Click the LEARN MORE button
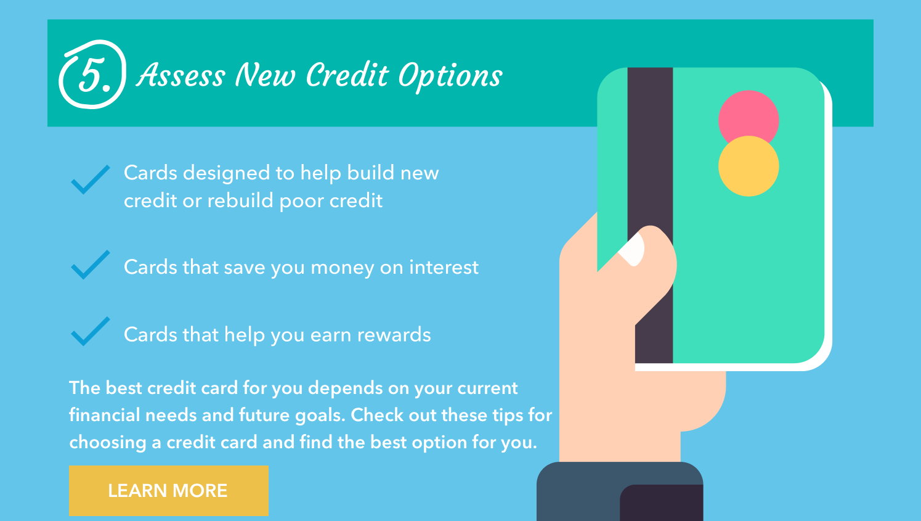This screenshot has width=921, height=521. pyautogui.click(x=168, y=490)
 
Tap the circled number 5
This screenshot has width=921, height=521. pyautogui.click(x=93, y=75)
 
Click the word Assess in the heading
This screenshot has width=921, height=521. pyautogui.click(x=181, y=75)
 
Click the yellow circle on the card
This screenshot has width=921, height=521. pyautogui.click(x=749, y=168)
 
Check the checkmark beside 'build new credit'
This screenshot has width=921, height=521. pyautogui.click(x=90, y=179)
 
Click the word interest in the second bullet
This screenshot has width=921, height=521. pyautogui.click(x=444, y=267)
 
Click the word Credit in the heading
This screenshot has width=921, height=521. pyautogui.click(x=347, y=75)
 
